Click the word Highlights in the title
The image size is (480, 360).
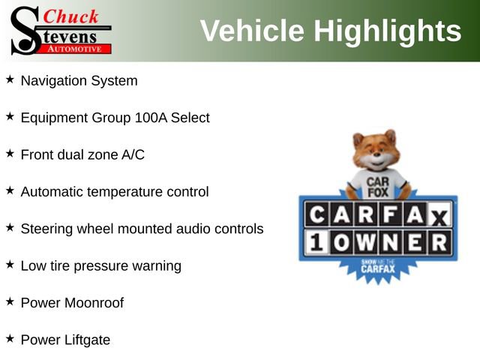click(387, 31)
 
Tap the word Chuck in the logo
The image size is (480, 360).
click(73, 16)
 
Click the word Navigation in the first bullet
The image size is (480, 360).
click(52, 80)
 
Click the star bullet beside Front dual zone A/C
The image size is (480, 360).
click(10, 153)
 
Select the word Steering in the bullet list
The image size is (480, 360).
click(46, 229)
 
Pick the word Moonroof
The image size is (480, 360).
click(94, 303)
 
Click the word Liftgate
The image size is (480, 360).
click(86, 340)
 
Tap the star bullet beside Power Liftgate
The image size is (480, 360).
click(10, 339)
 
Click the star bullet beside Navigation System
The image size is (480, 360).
click(10, 79)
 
